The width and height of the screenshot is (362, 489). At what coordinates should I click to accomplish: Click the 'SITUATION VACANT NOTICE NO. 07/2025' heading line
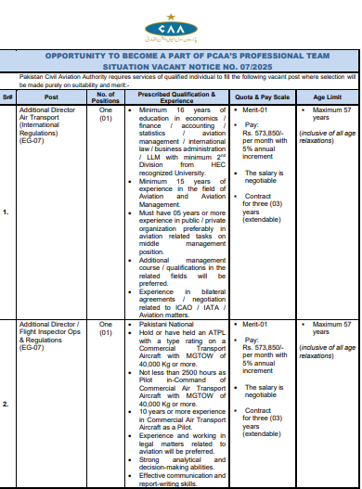pyautogui.click(x=180, y=67)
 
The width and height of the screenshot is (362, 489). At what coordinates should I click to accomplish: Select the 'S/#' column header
pyautogui.click(x=8, y=97)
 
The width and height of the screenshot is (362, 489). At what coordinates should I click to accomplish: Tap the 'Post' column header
pyautogui.click(x=50, y=97)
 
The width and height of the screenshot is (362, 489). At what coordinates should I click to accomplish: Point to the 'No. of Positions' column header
pyautogui.click(x=106, y=97)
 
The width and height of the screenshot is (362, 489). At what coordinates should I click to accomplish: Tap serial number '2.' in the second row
pyautogui.click(x=7, y=405)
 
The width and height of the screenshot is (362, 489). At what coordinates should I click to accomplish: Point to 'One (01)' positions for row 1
pyautogui.click(x=105, y=115)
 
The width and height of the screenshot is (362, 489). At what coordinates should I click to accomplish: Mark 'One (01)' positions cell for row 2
pyautogui.click(x=105, y=330)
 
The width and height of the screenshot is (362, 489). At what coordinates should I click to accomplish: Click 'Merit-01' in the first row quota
pyautogui.click(x=255, y=110)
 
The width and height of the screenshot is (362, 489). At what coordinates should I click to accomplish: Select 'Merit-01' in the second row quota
pyautogui.click(x=255, y=325)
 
